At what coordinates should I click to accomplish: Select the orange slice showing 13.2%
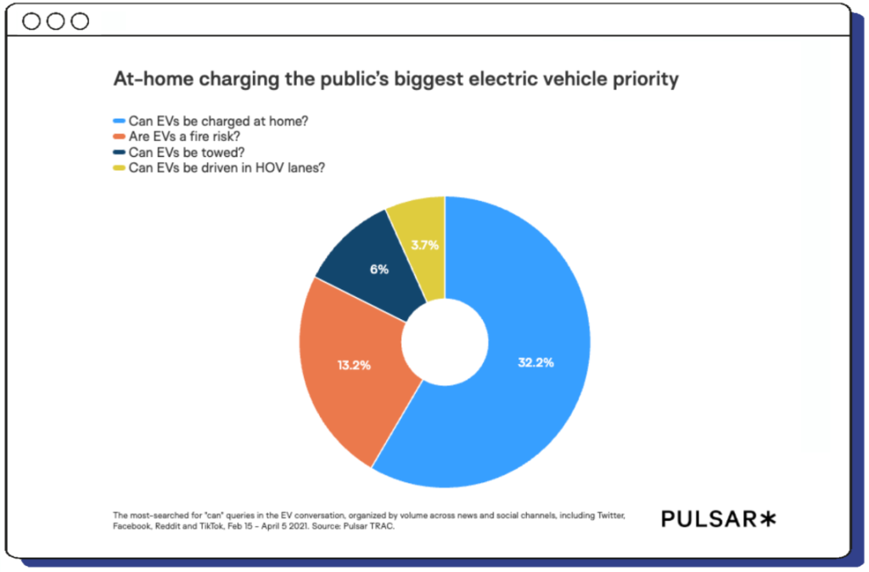coord(348,373)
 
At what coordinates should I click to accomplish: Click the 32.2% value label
coord(535,362)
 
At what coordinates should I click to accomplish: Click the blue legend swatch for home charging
coord(120,121)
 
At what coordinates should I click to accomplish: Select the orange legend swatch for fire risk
coord(120,137)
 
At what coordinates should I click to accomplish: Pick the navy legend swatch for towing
coord(120,152)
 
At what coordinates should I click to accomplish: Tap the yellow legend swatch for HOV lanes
coord(120,167)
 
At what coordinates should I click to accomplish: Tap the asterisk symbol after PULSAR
coord(767,518)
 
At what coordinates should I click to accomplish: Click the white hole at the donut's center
coord(445,343)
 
